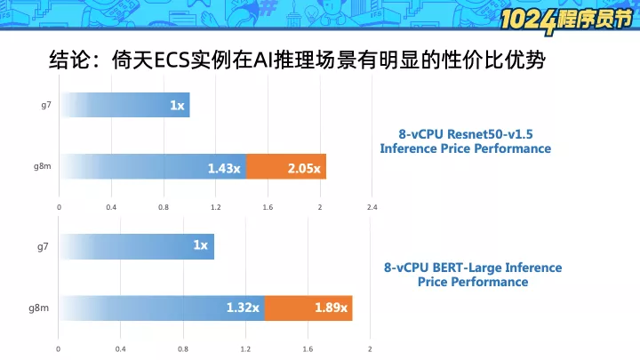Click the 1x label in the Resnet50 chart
tap(177, 105)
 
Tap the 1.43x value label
tap(224, 168)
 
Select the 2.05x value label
tap(304, 168)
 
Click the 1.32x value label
tap(243, 308)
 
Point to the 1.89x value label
tap(331, 308)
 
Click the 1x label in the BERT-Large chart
tap(200, 245)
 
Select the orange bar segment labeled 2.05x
tap(286, 166)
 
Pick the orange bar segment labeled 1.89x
tap(308, 308)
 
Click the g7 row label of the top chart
tap(46, 105)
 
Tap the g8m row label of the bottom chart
tap(39, 308)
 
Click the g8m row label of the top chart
tap(43, 166)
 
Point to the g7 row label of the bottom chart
tap(43, 247)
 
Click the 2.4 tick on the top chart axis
tap(372, 207)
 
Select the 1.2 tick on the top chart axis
tap(215, 207)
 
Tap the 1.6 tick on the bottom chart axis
tap(308, 349)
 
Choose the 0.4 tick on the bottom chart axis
tap(120, 349)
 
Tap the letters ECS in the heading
tap(172, 60)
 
